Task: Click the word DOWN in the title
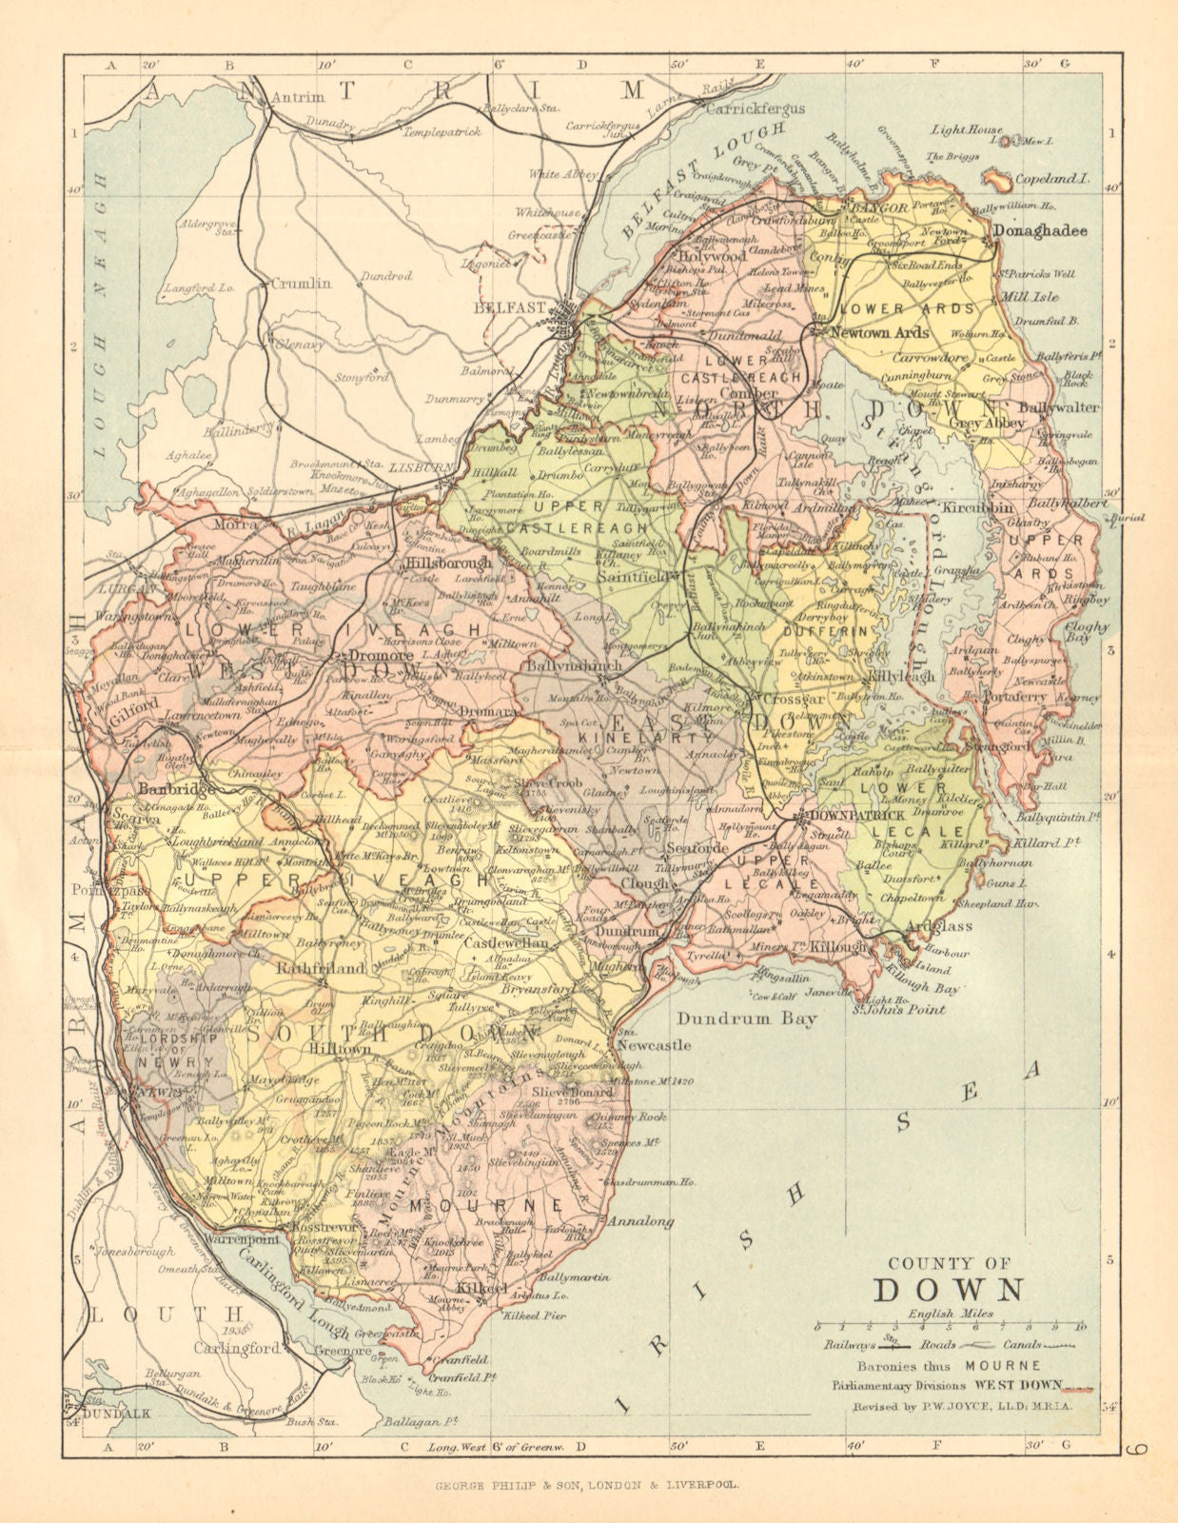pyautogui.click(x=948, y=1290)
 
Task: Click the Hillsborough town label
pyautogui.click(x=449, y=562)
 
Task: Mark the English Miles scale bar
pyautogui.click(x=949, y=1325)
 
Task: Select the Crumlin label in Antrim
pyautogui.click(x=301, y=283)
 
